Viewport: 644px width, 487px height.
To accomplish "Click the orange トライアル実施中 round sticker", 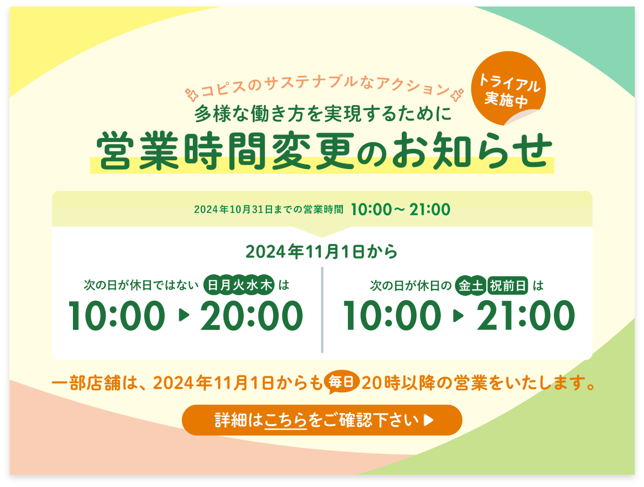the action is (508, 88).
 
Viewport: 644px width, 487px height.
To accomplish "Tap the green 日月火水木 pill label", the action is (239, 285).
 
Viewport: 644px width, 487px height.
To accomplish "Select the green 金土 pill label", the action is (470, 286).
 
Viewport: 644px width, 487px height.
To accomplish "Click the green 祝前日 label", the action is (507, 286).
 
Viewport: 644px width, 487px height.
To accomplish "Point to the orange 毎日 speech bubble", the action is (341, 383).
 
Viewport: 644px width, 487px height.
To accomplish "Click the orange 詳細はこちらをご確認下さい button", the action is (322, 420).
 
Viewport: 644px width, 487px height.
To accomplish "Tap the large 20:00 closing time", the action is (252, 316).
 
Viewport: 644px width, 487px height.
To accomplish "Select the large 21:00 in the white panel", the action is (525, 316).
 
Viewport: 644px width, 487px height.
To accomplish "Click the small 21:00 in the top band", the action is (429, 209).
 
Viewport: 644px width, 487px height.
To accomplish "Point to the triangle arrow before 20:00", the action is (183, 315).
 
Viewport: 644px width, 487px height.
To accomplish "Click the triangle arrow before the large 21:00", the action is (458, 316).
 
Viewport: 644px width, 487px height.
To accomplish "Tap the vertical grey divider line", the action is (322, 310).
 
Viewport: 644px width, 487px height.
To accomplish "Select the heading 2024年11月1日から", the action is (321, 251).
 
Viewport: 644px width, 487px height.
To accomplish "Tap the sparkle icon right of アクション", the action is (457, 95).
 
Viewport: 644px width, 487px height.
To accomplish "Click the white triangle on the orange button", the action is (428, 420).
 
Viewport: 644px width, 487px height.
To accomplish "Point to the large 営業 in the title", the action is (138, 150).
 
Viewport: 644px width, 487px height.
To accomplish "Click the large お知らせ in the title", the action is (473, 150).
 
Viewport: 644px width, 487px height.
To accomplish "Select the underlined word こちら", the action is (286, 420).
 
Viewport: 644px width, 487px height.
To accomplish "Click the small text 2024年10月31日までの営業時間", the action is (268, 209).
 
